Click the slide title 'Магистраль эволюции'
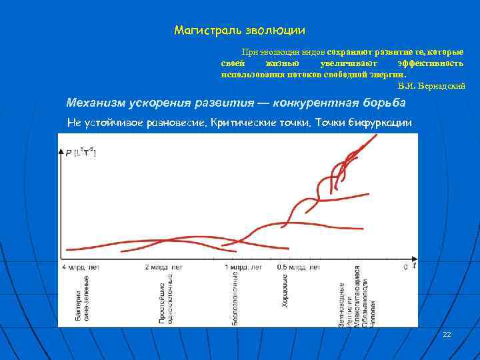(x=239, y=30)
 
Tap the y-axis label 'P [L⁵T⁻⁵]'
(x=81, y=153)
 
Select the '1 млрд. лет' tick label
(x=243, y=267)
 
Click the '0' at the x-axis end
(x=405, y=267)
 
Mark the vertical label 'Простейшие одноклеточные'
(x=166, y=299)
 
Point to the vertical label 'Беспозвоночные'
(x=235, y=299)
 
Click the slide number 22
(x=447, y=333)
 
